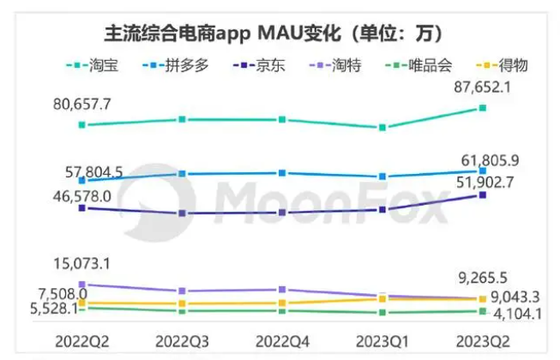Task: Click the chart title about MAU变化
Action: (273, 33)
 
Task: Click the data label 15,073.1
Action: (86, 262)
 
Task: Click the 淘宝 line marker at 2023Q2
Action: (483, 107)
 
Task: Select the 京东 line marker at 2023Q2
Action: (483, 195)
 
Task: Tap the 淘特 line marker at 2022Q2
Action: (81, 284)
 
